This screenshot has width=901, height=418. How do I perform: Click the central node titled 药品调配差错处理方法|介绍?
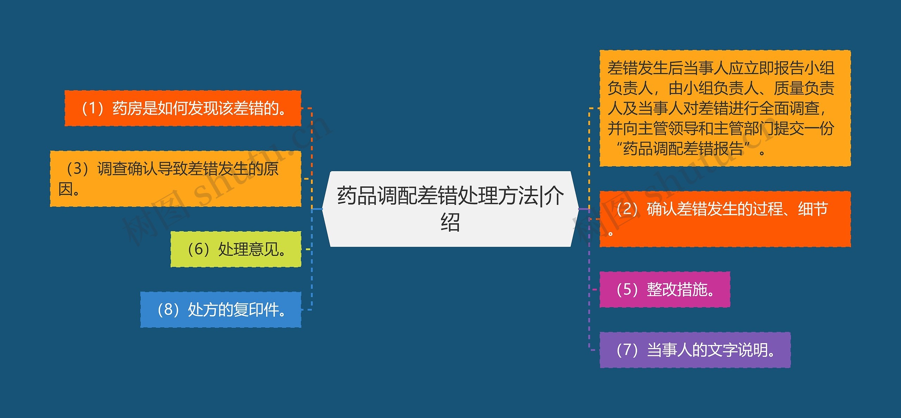tap(450, 208)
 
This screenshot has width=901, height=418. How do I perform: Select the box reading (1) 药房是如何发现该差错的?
tap(183, 108)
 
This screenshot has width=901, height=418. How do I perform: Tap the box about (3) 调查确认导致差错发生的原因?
tap(175, 179)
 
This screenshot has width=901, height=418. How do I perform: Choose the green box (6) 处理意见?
tap(236, 249)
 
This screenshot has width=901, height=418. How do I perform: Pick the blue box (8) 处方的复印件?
tap(221, 310)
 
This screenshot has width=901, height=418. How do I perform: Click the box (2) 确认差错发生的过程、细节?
tap(725, 219)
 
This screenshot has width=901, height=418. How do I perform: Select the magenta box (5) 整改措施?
tap(664, 289)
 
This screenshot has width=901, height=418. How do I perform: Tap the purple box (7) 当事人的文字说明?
tap(695, 350)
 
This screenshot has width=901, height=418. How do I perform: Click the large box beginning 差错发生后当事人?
tap(725, 108)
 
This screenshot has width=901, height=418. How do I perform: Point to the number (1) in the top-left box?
tap(92, 108)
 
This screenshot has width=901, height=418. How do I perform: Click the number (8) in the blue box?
tap(168, 310)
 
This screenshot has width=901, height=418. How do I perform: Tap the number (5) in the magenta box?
tap(628, 289)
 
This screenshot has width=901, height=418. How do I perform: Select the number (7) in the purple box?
tap(628, 350)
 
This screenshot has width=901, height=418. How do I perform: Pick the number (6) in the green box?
tap(199, 249)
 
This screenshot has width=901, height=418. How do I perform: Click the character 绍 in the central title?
tap(450, 222)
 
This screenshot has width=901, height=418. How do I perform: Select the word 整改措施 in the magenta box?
tap(677, 289)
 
